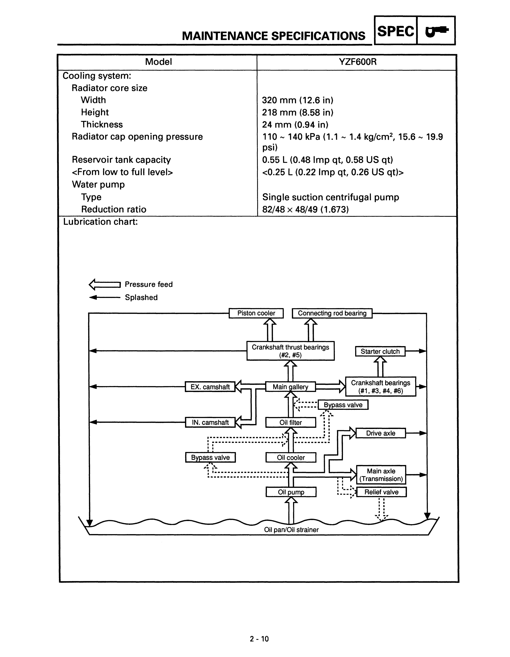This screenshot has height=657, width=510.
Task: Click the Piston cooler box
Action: [256, 313]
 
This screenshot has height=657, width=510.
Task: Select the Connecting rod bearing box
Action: [332, 313]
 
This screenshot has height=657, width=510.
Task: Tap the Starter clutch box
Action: [380, 351]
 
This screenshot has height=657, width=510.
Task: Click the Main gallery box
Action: [290, 387]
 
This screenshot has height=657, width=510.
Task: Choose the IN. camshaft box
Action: [210, 422]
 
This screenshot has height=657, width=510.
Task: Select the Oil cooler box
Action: [291, 458]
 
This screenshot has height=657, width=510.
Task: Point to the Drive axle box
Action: [381, 433]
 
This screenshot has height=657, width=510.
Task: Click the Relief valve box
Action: [381, 492]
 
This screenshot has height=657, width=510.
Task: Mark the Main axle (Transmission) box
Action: [381, 475]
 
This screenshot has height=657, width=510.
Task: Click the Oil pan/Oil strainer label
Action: [291, 530]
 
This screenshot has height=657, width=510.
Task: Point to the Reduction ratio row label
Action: [114, 209]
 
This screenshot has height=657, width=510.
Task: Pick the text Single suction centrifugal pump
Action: [330, 197]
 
